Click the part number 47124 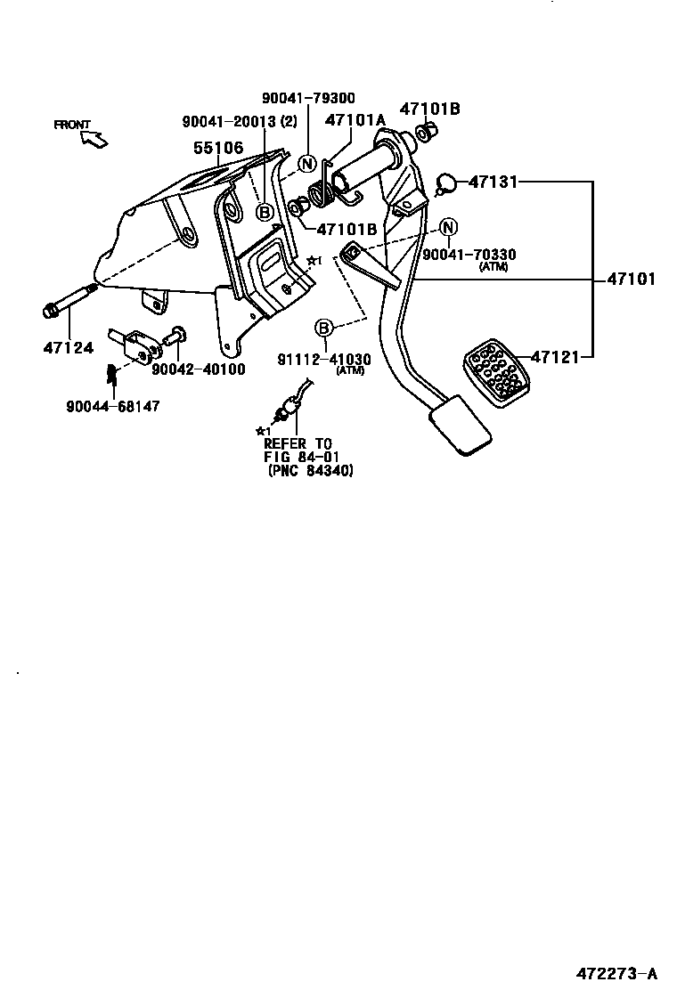coord(68,347)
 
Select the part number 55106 coord(218,148)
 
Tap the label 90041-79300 coord(308,99)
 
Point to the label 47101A coord(355,120)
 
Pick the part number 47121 coord(555,357)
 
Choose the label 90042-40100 coord(198,369)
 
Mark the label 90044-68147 coord(113,406)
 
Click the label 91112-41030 coord(324,360)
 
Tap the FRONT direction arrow coord(94,138)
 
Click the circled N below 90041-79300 coord(306,163)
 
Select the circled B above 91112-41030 coord(324,328)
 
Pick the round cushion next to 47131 coord(446,184)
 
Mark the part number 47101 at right coord(631,279)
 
